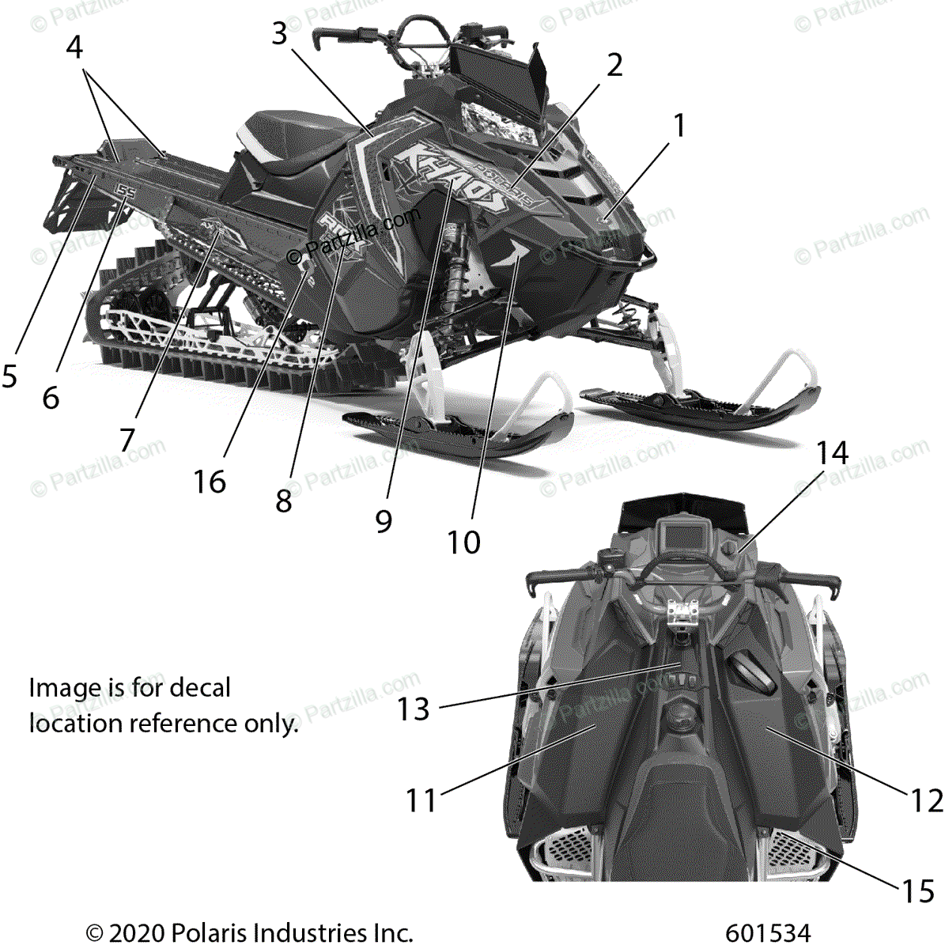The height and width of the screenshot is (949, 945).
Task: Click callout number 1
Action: click(x=678, y=126)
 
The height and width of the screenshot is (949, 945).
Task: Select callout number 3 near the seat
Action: click(x=279, y=34)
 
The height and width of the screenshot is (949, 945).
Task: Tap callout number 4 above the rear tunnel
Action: click(x=74, y=47)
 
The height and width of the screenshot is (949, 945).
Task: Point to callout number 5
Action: click(x=9, y=376)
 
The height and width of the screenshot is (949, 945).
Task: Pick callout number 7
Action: click(x=127, y=440)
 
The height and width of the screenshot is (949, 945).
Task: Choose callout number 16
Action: click(x=210, y=481)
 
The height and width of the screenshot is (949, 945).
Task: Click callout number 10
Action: click(x=463, y=543)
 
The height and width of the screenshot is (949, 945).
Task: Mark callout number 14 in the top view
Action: click(x=832, y=453)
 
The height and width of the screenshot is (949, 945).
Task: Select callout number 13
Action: click(x=413, y=709)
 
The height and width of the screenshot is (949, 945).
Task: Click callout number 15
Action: click(x=918, y=891)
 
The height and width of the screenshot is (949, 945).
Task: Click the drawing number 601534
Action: click(x=767, y=933)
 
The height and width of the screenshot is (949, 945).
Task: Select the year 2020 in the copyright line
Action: click(x=134, y=933)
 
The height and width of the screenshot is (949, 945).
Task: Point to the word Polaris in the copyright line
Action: click(x=210, y=933)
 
